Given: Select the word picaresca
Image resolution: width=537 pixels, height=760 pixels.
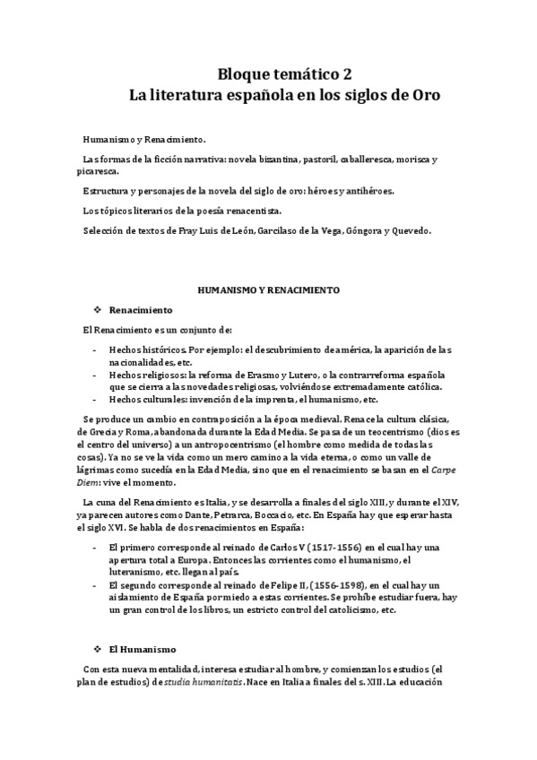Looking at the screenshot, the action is (x=100, y=171).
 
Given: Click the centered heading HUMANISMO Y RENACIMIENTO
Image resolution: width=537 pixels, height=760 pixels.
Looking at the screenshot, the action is (x=268, y=290).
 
